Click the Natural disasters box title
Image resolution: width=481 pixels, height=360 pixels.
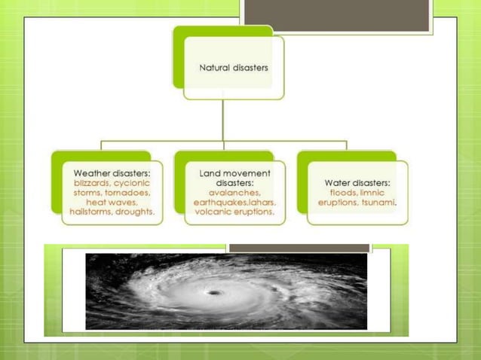(234, 68)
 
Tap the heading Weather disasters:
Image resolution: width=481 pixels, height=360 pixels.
(112, 172)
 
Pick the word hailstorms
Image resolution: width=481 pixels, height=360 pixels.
(89, 212)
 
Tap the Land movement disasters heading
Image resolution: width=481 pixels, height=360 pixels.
(234, 178)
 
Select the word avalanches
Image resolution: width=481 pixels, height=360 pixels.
(234, 193)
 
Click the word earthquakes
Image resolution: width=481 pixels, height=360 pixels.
(219, 203)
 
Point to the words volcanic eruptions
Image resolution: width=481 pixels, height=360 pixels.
(234, 212)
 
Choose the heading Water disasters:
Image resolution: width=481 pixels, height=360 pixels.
(357, 182)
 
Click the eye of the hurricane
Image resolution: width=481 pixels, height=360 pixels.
(214, 293)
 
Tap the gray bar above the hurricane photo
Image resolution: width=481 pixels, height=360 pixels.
(299, 248)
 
